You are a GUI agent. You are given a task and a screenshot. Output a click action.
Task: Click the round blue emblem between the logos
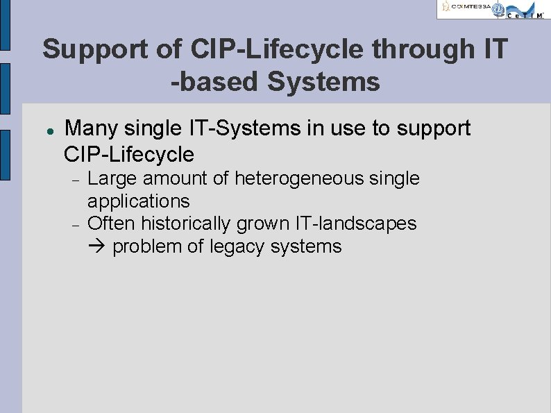[x=498, y=9]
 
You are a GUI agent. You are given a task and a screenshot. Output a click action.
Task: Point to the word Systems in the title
[x=323, y=82]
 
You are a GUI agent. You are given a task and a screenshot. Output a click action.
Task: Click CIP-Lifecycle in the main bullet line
[x=128, y=153]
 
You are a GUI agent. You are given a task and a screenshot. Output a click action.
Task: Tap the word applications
[x=138, y=202]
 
